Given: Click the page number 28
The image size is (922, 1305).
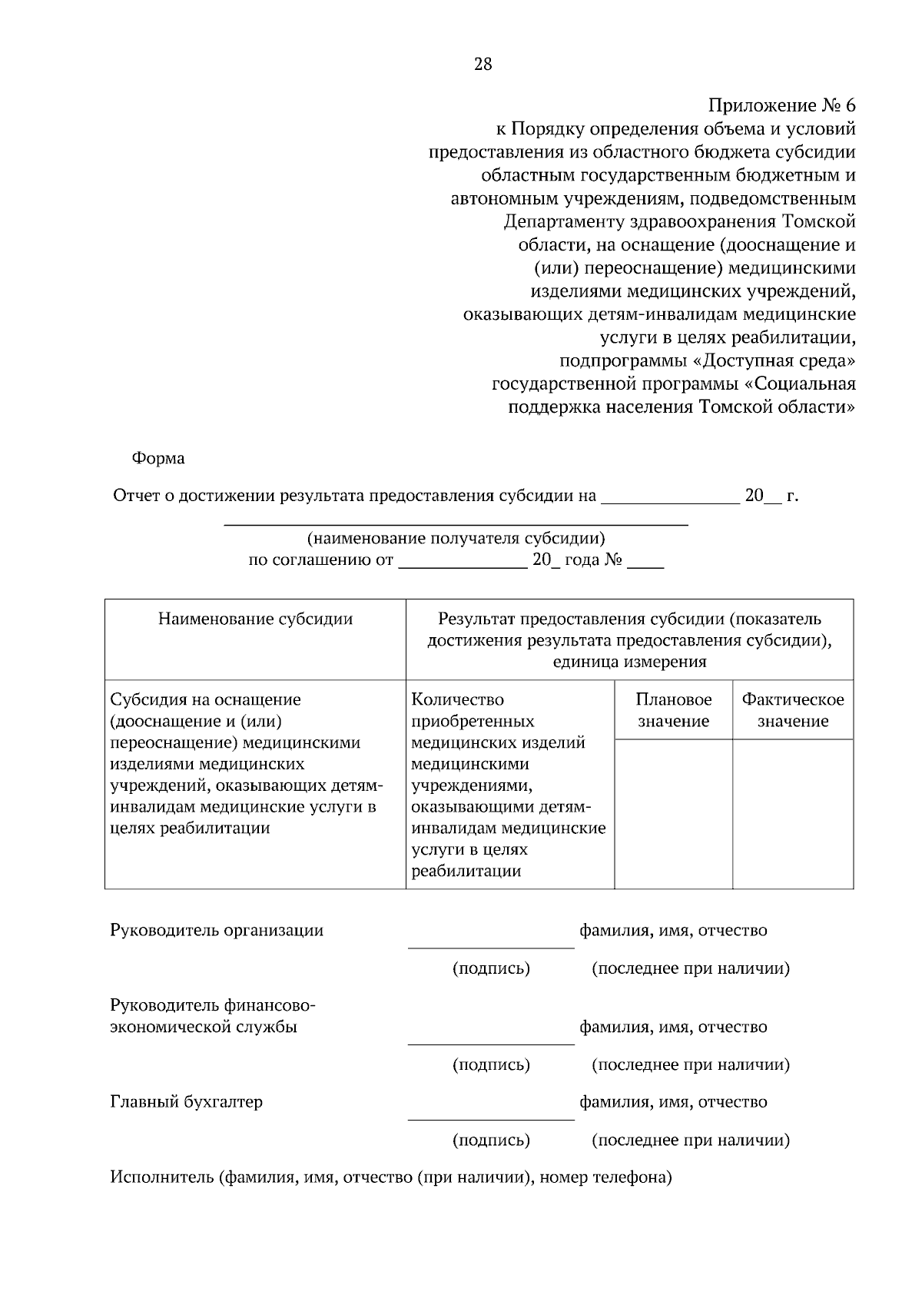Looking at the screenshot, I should [483, 65].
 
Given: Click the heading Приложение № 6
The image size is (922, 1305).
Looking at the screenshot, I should [781, 106].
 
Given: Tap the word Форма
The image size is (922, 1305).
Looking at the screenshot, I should [158, 459].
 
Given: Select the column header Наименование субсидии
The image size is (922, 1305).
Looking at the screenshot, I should [255, 619].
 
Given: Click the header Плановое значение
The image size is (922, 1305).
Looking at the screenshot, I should [673, 710].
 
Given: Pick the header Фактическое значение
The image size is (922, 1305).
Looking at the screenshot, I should [792, 710].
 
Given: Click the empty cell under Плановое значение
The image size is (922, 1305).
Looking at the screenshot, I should [673, 813].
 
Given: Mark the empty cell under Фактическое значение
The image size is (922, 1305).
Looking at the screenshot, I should [792, 813].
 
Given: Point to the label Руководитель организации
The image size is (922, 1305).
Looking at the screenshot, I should [217, 931].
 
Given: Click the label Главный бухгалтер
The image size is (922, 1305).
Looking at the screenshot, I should [186, 1102].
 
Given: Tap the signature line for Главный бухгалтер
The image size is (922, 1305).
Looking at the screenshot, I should [491, 1118].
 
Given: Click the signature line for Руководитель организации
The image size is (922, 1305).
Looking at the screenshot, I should [491, 947].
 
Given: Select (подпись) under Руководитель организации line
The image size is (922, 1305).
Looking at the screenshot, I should [491, 968].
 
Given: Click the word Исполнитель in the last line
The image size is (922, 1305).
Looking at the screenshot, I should [161, 1177].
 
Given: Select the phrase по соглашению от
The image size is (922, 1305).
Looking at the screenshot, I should [320, 560].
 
